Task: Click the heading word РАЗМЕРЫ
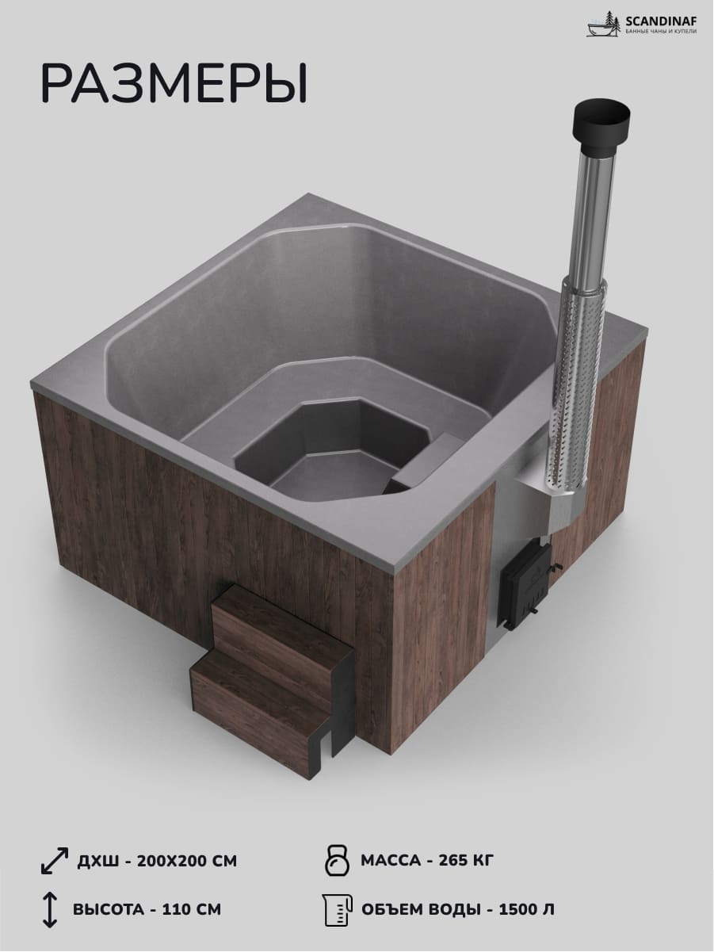(x=174, y=83)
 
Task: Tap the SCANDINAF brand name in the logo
(x=661, y=21)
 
